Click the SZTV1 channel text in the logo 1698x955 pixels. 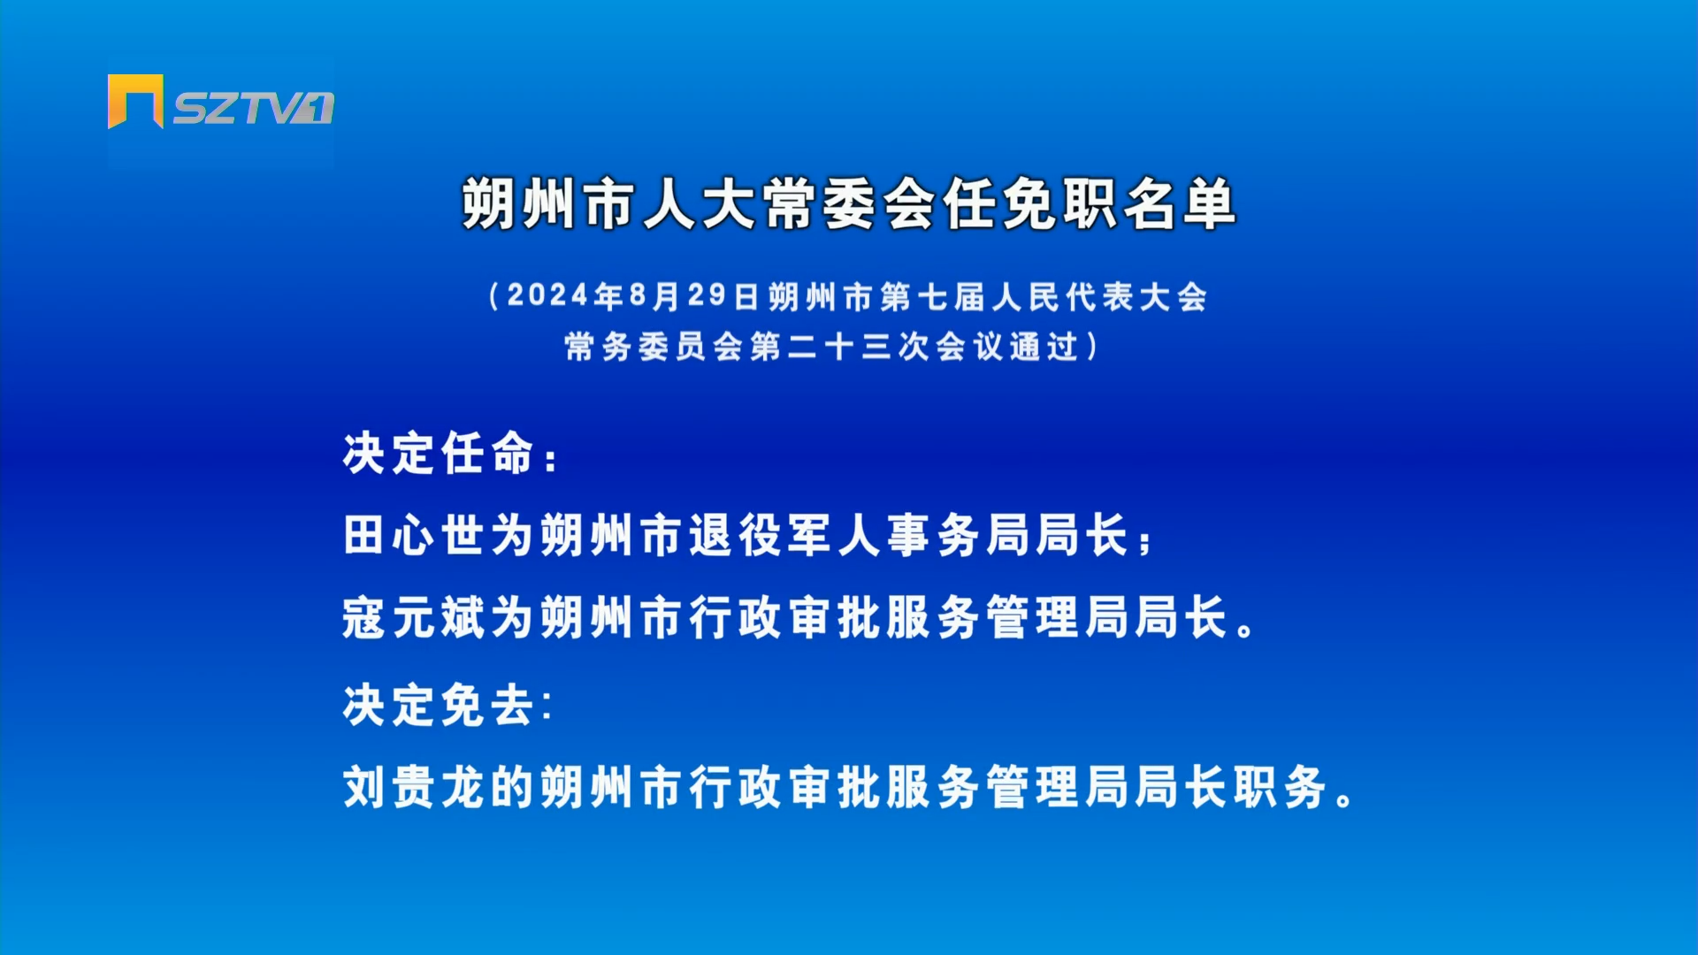[254, 108]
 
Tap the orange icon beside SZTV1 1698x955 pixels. [135, 101]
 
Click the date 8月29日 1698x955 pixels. [694, 295]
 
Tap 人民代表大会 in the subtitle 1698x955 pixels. [1099, 296]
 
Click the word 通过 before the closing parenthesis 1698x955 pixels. [1044, 346]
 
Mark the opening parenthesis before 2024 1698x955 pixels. [495, 295]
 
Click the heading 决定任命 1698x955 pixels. [440, 454]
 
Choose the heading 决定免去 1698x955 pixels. [440, 705]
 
